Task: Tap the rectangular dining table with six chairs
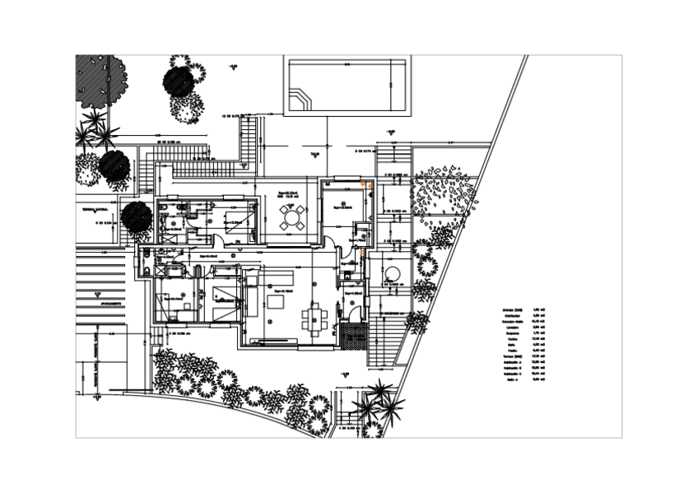click(x=314, y=317)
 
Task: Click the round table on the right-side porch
click(x=390, y=272)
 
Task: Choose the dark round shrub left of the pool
click(x=179, y=81)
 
